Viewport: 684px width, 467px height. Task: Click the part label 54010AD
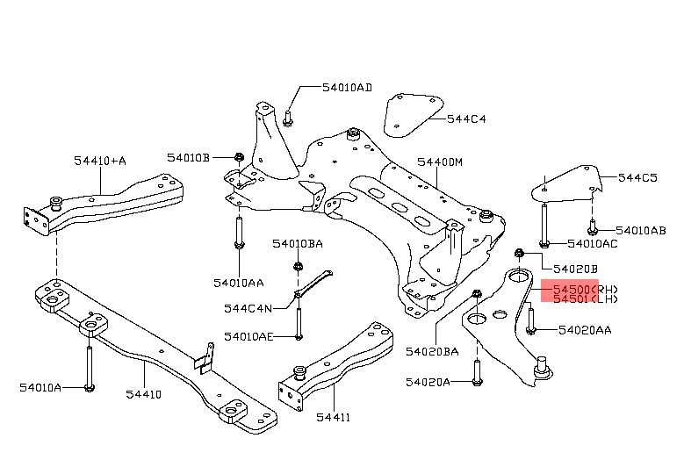click(346, 88)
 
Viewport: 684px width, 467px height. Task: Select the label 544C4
click(465, 119)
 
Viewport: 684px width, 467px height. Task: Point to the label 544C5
click(637, 178)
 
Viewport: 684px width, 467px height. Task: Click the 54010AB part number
click(640, 230)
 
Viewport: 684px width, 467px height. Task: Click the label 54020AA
click(585, 330)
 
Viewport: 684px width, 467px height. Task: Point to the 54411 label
click(333, 417)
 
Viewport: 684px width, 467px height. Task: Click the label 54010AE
click(248, 336)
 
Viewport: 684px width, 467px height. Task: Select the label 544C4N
click(248, 308)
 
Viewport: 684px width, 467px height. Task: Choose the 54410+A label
click(99, 161)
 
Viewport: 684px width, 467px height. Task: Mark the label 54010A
click(40, 387)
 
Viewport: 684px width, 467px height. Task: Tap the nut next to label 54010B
click(239, 158)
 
